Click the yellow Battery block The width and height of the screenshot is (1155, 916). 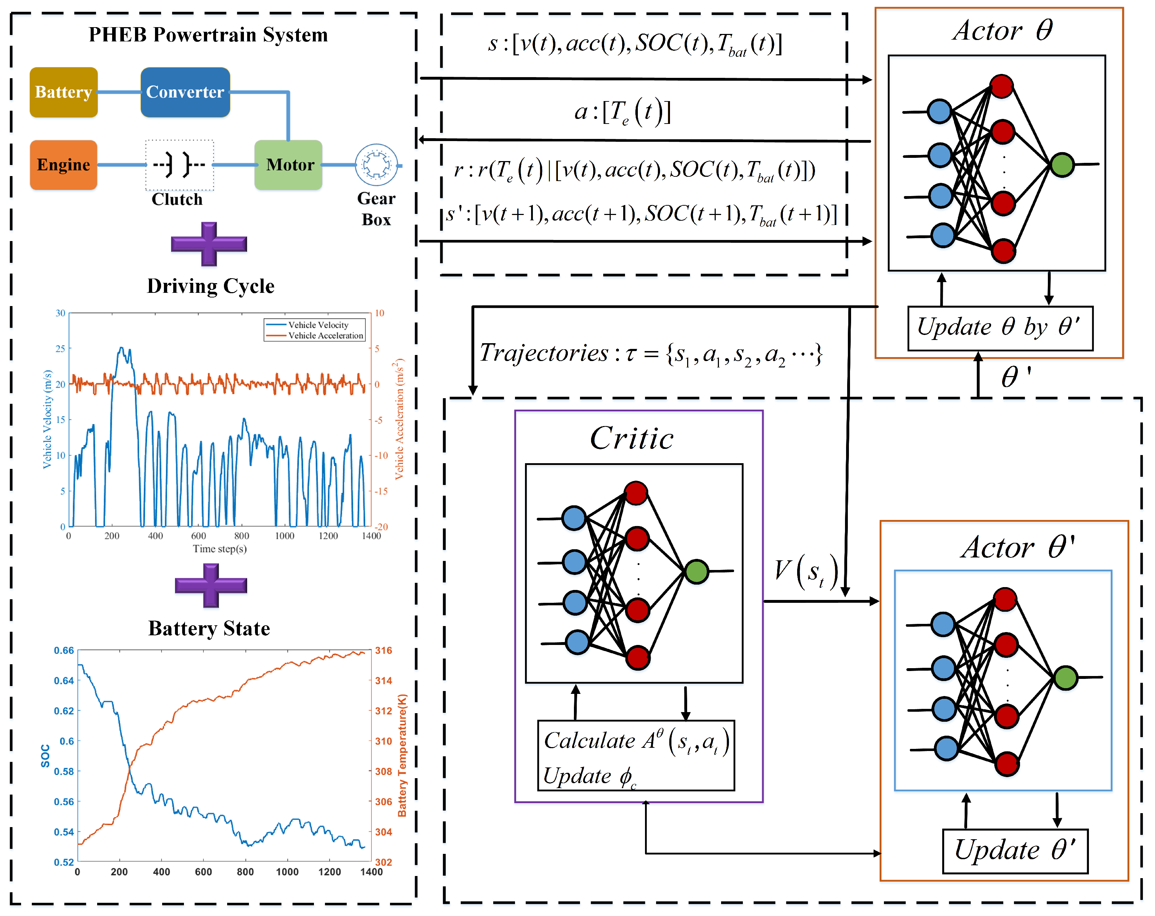pos(64,92)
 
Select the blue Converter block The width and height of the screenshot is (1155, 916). pos(185,92)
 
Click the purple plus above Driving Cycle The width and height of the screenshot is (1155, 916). pos(209,244)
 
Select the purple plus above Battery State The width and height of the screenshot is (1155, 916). pos(211,585)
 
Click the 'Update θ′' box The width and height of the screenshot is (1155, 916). pos(1015,851)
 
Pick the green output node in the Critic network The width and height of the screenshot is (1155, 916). pos(696,571)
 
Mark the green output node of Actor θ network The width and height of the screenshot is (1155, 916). pos(1062,164)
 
